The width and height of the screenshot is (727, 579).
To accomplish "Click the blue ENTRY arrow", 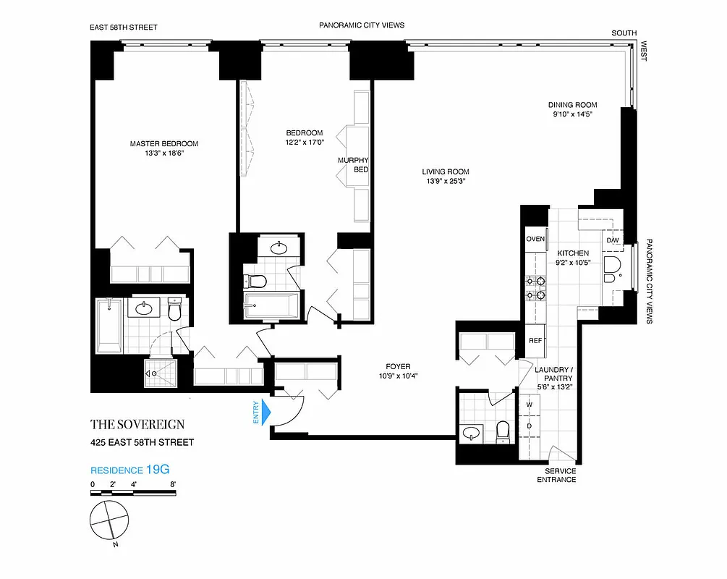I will click(265, 413).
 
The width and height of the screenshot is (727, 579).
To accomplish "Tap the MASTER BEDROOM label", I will click(164, 144).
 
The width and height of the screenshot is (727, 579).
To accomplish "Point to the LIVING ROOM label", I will click(446, 172).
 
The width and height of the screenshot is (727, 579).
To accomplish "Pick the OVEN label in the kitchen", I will click(535, 239).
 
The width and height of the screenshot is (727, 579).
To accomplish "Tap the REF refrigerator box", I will click(535, 340).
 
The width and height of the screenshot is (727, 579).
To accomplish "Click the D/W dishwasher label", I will click(612, 240).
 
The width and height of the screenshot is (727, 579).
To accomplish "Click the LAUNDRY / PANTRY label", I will click(554, 373).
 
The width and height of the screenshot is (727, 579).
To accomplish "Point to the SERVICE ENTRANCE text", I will click(556, 475).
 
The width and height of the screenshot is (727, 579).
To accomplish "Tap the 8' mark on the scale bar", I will click(172, 484).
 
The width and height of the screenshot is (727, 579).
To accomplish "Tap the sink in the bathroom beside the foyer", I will click(472, 433).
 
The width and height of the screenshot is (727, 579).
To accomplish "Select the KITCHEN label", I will click(572, 253).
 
